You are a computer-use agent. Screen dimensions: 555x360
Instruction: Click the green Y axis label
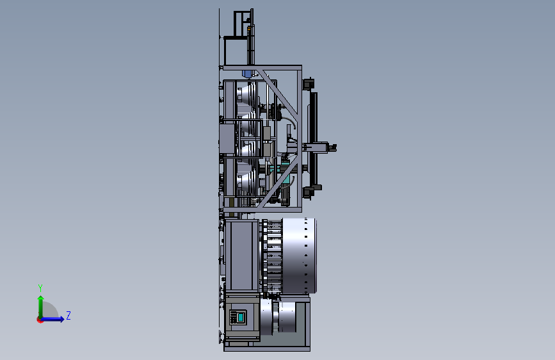pyautogui.click(x=40, y=288)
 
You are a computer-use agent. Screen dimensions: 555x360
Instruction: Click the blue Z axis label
pyautogui.click(x=68, y=315)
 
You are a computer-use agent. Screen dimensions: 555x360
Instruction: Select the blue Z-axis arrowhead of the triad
pyautogui.click(x=61, y=319)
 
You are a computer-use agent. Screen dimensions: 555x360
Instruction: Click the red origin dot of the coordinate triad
pyautogui.click(x=40, y=320)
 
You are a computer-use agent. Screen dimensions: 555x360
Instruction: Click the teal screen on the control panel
pyautogui.click(x=241, y=317)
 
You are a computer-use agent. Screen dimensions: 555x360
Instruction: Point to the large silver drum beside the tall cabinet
pyautogui.click(x=299, y=256)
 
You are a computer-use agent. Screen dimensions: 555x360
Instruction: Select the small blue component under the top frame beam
pyautogui.click(x=246, y=74)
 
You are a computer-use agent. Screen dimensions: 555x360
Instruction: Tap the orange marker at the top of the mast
pyautogui.click(x=249, y=28)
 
